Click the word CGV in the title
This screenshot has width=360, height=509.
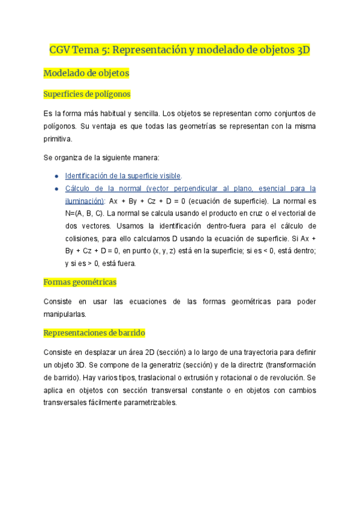(x=61, y=49)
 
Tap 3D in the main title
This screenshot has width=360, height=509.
(x=303, y=49)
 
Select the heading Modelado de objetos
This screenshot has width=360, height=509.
(x=86, y=73)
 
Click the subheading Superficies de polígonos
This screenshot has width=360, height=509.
(x=87, y=94)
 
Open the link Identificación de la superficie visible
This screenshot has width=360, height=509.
(x=122, y=175)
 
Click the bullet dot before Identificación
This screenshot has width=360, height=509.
(x=56, y=175)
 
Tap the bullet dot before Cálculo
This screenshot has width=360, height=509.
(x=56, y=188)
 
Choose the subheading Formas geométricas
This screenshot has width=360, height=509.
(x=80, y=282)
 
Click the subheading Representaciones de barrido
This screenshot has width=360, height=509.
(x=94, y=333)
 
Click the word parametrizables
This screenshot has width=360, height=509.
(x=146, y=403)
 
